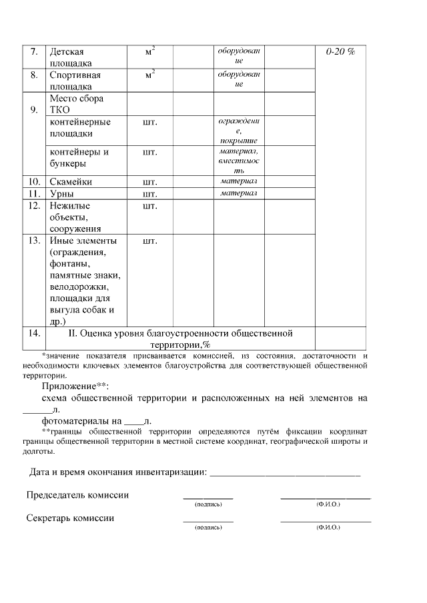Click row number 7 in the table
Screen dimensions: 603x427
coord(33,52)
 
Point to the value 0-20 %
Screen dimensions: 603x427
coord(340,52)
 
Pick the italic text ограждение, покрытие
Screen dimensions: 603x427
coord(238,131)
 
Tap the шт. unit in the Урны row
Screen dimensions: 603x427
coord(149,194)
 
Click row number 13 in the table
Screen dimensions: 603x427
coord(34,241)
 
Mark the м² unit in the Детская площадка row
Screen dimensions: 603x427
coord(150,51)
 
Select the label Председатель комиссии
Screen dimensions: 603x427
coord(77,495)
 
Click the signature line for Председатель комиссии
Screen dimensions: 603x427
coord(208,497)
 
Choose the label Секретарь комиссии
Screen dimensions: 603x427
coord(70,518)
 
